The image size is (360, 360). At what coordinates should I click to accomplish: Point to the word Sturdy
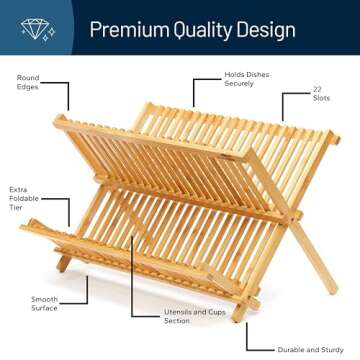[x=335, y=350]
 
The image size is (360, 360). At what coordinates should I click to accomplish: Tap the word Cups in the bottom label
[x=214, y=312]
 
